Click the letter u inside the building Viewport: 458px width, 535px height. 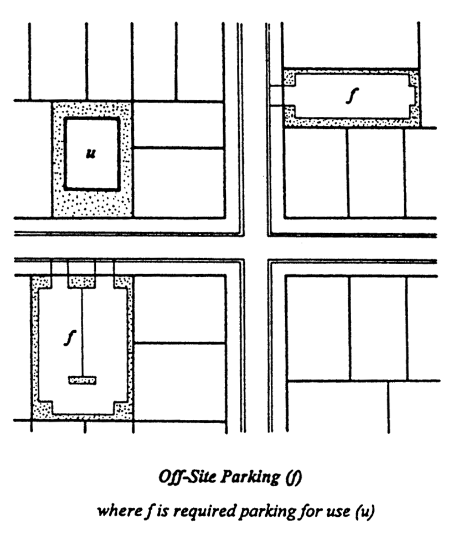(x=91, y=154)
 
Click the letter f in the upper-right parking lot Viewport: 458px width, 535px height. (x=352, y=95)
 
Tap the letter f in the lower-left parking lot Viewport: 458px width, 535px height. (x=70, y=338)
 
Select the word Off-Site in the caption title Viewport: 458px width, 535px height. (x=187, y=477)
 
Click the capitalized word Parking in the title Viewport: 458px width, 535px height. (x=250, y=477)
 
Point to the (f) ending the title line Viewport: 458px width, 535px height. (x=294, y=477)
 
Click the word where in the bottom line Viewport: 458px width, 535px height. (x=119, y=511)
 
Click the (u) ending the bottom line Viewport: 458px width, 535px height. (x=364, y=511)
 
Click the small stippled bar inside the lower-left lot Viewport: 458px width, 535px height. (x=83, y=380)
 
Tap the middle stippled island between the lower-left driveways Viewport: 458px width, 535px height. (x=81, y=282)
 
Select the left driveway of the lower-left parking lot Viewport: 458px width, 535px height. (x=59, y=268)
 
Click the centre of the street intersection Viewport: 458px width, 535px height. (x=256, y=248)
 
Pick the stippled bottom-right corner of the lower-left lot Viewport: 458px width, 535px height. (x=123, y=411)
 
